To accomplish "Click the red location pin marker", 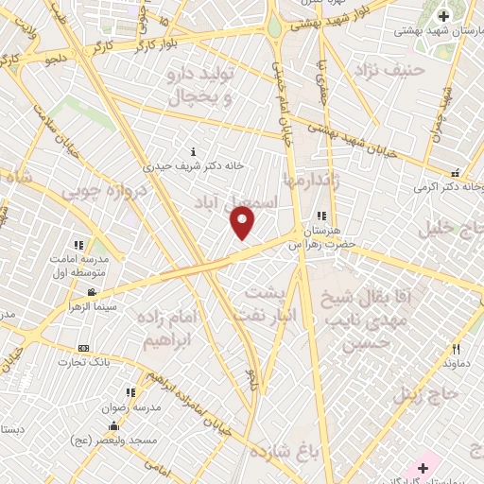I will coord(242,222).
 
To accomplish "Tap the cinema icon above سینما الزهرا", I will coord(92,293).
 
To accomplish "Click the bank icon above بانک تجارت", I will coord(84,348).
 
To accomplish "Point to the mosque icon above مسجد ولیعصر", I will coord(114,426).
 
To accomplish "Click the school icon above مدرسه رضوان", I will coord(130,392).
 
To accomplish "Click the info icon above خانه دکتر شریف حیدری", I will coord(194,151).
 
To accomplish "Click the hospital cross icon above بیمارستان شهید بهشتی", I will coord(443,16).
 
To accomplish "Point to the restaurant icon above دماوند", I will coord(455,348).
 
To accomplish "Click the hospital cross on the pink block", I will coord(423,468).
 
